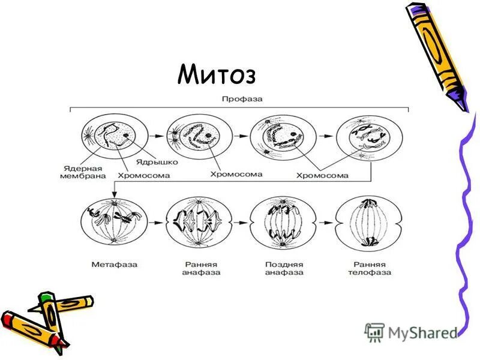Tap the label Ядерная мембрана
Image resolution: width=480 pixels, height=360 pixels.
coord(83,172)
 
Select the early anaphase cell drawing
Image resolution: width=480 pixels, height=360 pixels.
coord(199,222)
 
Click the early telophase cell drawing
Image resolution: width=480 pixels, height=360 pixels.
coord(367,222)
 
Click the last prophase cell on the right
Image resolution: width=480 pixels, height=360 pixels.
coord(365,136)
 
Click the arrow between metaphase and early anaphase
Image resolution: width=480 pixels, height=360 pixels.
coord(155,223)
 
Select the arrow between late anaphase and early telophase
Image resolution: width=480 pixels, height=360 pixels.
coord(325,223)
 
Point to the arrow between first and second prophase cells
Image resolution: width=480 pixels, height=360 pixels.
coord(156,136)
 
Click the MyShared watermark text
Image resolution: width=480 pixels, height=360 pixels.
coord(422,332)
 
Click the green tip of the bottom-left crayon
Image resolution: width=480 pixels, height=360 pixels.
coord(44,296)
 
